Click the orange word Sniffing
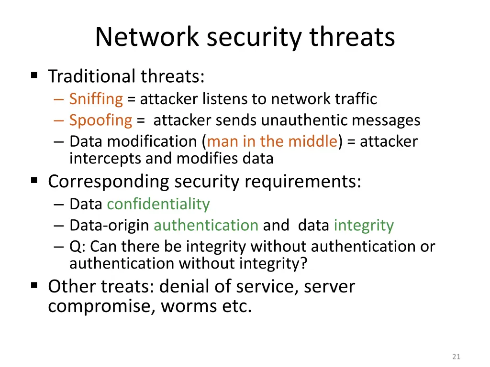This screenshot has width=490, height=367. (96, 99)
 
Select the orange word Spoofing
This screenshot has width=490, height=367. (100, 120)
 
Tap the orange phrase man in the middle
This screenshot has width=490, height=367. (272, 141)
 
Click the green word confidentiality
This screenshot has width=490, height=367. (158, 205)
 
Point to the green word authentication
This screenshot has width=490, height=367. (206, 226)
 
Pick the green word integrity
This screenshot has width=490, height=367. (364, 226)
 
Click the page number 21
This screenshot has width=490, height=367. (456, 356)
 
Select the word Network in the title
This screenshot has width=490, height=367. (147, 37)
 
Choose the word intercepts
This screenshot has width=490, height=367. (105, 158)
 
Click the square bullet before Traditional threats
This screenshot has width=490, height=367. (34, 75)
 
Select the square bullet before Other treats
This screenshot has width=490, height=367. (34, 285)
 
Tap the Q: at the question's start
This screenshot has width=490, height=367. (78, 247)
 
